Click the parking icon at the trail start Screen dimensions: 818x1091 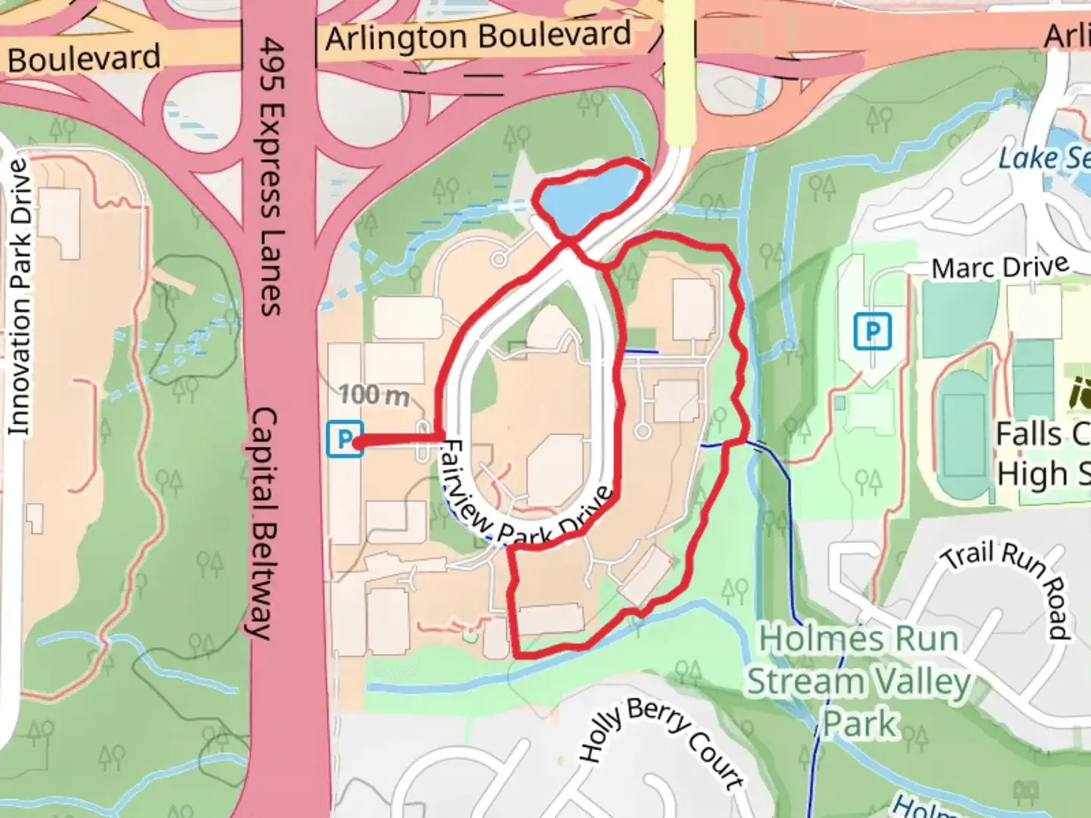[343, 440]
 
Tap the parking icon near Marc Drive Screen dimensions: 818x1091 [872, 332]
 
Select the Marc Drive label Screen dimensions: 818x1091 [999, 267]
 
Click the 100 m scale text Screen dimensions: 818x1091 [374, 395]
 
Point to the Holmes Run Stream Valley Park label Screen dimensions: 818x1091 [859, 681]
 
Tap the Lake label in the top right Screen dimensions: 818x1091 [1043, 158]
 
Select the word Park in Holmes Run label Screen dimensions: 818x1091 [860, 723]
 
